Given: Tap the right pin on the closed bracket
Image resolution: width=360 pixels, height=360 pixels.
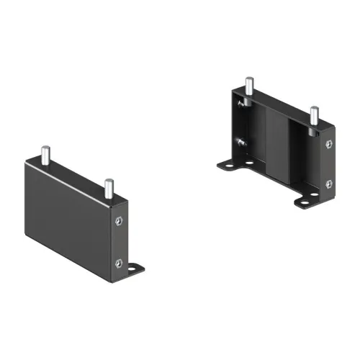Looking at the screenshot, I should pos(107,188).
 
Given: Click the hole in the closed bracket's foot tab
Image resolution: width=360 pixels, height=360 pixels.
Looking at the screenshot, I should pos(135,269).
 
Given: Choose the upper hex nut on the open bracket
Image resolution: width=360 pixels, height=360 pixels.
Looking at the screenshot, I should pos(329,145).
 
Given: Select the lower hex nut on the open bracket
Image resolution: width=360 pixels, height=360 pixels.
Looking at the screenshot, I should pos(329,185).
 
